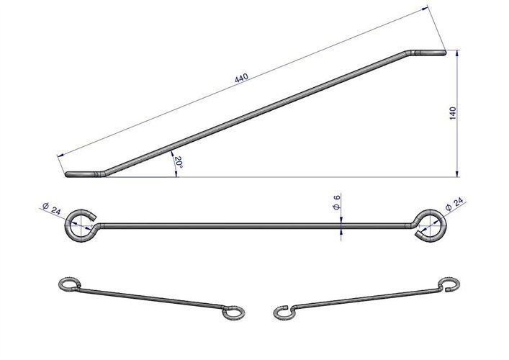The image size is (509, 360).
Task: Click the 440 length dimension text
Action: (x=241, y=78)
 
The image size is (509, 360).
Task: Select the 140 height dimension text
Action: (x=453, y=113)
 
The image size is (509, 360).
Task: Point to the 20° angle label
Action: (x=179, y=162)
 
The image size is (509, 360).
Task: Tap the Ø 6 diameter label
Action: (x=337, y=202)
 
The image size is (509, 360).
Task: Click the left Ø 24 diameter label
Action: (x=52, y=209)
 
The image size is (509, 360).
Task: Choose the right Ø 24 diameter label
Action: (x=454, y=204)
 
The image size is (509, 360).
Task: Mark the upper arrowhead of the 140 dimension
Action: (x=457, y=53)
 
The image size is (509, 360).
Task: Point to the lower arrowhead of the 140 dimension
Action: (x=457, y=174)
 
